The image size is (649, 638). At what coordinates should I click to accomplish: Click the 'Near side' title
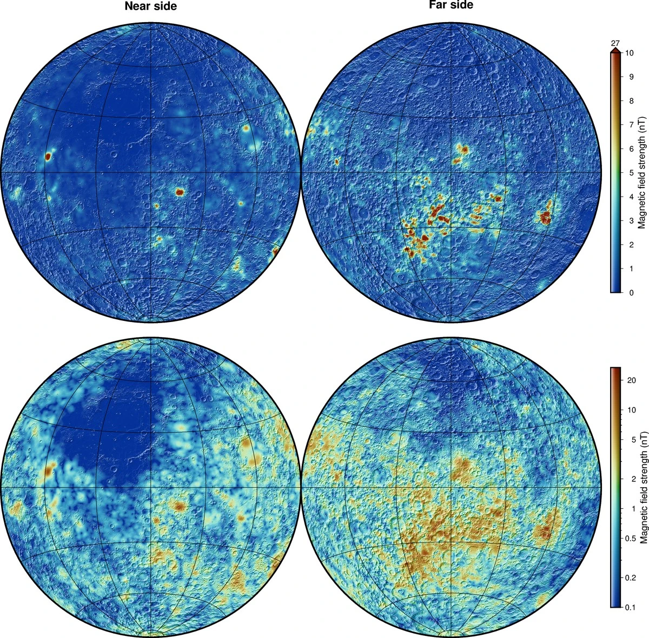click(150, 6)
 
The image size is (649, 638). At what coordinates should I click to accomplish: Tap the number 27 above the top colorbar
click(615, 43)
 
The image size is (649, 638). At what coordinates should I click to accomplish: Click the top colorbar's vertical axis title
click(641, 173)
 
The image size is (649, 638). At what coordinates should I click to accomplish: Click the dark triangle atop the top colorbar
click(615, 51)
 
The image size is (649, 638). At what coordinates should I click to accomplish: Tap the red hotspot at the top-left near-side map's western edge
click(48, 156)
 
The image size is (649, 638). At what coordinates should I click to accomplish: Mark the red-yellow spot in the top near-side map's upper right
click(246, 129)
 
